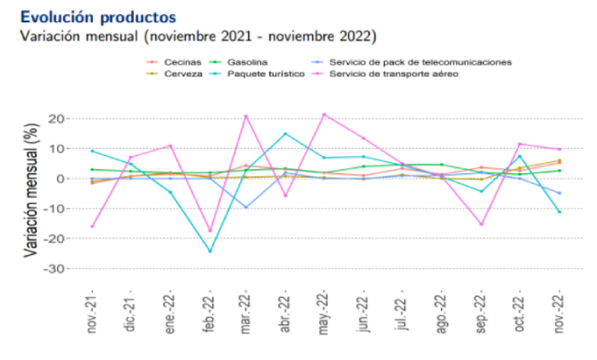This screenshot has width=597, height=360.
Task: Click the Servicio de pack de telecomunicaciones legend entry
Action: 419,62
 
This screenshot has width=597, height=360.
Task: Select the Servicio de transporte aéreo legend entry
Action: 393,74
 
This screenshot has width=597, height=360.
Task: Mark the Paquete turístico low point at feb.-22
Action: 209,252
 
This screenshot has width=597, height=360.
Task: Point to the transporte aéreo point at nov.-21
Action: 91,226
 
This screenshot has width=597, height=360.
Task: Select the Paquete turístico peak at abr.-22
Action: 286,134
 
